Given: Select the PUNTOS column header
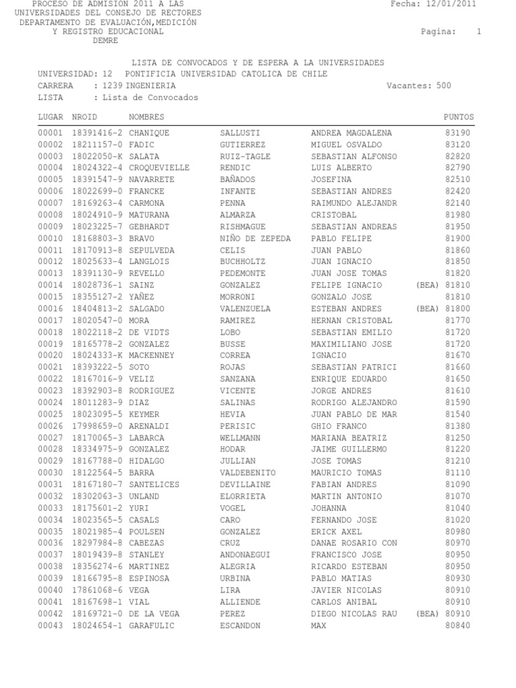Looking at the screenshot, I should (459, 117).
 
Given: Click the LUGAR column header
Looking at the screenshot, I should (50, 117).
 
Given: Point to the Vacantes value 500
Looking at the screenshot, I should (443, 86).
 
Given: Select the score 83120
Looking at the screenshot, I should (458, 144).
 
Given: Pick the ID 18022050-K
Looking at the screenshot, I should (97, 157).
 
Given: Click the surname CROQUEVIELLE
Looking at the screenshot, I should (159, 168).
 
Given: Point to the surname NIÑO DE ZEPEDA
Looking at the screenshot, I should (256, 239).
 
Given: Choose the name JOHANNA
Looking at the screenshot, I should (329, 508).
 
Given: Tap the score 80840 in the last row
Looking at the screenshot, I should (458, 626).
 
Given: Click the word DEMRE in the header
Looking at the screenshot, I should (105, 40).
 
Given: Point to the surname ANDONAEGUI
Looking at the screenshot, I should (248, 555).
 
